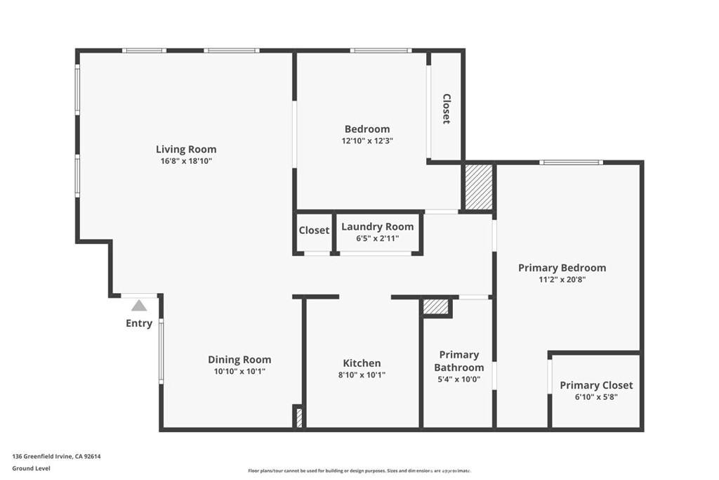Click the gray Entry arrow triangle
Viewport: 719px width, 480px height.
tap(139, 306)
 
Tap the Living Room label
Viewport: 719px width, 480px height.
tap(186, 149)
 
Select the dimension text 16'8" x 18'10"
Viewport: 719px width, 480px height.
tap(186, 161)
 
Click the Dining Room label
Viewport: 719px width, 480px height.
tap(239, 360)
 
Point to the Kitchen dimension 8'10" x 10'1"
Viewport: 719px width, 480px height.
tap(362, 375)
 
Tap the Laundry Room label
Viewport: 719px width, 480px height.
tap(377, 227)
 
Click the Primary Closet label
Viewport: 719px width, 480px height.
tap(596, 385)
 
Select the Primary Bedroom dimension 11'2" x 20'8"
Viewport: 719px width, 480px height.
tap(562, 280)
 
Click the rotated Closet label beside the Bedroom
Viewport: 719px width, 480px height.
tap(446, 109)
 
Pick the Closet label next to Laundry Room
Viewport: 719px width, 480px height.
tap(314, 231)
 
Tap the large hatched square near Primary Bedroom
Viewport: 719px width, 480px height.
tap(479, 187)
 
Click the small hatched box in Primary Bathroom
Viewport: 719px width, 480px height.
tap(435, 307)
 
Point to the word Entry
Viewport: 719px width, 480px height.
tap(139, 323)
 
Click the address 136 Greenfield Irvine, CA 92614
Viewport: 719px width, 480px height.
tap(56, 457)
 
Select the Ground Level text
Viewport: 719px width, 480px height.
tap(31, 469)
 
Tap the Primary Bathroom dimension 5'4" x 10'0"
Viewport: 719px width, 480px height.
tap(459, 380)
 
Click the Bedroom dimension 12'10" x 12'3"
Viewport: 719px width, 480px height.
tap(367, 141)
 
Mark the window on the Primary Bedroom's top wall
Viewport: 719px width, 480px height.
tap(572, 162)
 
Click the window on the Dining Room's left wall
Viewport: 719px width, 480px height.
tap(161, 351)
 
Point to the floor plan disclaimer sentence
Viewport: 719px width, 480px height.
tap(359, 471)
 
